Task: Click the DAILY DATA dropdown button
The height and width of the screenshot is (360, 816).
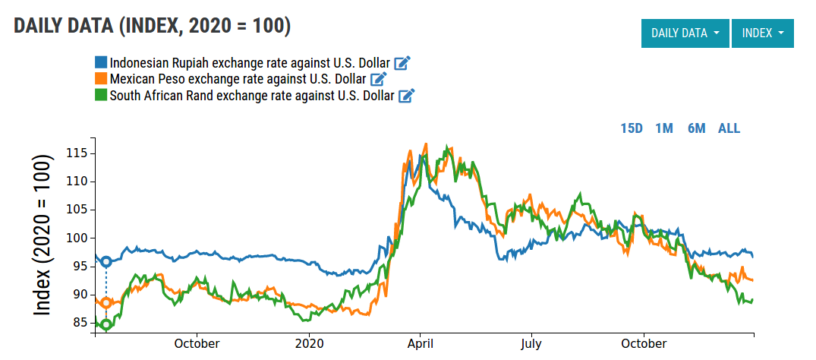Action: pyautogui.click(x=685, y=33)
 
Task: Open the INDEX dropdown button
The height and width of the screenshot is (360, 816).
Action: pyautogui.click(x=762, y=33)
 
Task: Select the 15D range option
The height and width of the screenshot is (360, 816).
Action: pyautogui.click(x=632, y=128)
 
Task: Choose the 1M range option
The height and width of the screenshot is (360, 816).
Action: pyautogui.click(x=664, y=128)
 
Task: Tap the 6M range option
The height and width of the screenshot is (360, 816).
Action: pyautogui.click(x=696, y=128)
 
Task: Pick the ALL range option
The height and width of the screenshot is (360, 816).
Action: pyautogui.click(x=729, y=128)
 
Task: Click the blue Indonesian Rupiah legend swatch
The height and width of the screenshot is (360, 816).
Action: pyautogui.click(x=100, y=62)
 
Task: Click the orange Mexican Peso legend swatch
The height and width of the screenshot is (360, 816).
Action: pyautogui.click(x=100, y=79)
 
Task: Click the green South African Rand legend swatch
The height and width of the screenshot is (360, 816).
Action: pyautogui.click(x=100, y=96)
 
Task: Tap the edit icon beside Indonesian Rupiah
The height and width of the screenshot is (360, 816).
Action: pyautogui.click(x=402, y=62)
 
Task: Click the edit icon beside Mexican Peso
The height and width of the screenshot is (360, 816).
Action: pyautogui.click(x=379, y=79)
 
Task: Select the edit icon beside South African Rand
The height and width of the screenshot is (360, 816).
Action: pyautogui.click(x=407, y=96)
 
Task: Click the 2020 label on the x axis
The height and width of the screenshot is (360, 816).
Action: pyautogui.click(x=308, y=343)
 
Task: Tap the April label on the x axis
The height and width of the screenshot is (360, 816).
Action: pyautogui.click(x=420, y=343)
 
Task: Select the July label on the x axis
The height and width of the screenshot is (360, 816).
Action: pyautogui.click(x=531, y=343)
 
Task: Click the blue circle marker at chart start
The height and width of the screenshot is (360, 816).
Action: pyautogui.click(x=106, y=261)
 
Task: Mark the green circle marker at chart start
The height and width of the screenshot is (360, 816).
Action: pyautogui.click(x=106, y=324)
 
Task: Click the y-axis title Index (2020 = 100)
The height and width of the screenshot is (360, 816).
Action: pyautogui.click(x=44, y=235)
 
